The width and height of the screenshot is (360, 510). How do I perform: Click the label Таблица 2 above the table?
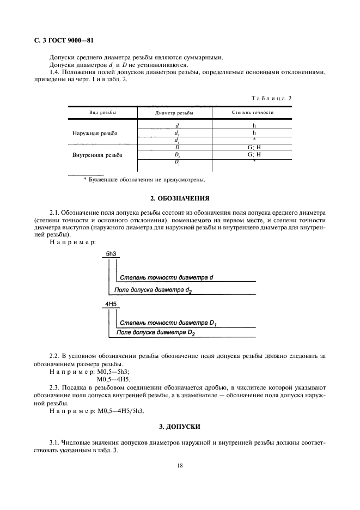click(x=271, y=98)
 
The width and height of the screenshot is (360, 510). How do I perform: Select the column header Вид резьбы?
click(x=102, y=113)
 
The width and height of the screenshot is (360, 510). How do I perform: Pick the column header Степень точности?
click(x=252, y=113)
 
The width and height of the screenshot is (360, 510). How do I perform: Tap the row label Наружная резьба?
click(x=95, y=133)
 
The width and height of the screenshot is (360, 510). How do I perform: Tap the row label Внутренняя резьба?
click(x=97, y=155)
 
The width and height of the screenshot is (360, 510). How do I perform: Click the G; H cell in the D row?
click(x=254, y=148)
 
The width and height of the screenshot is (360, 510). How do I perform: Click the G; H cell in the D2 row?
click(x=254, y=155)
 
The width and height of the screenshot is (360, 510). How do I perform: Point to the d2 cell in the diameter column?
click(x=176, y=133)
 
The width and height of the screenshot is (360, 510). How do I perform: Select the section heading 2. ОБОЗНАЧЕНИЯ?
click(x=180, y=198)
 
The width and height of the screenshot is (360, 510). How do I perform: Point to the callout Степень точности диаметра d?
click(x=166, y=278)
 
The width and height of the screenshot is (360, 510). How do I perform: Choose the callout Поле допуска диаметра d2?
click(x=153, y=290)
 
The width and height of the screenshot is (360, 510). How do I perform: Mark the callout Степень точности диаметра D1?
click(x=168, y=324)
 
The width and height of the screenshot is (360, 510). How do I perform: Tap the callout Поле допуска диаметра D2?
click(x=156, y=332)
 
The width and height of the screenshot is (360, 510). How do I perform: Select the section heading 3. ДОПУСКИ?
click(x=180, y=425)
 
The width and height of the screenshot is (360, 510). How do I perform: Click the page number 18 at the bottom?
click(x=180, y=466)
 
